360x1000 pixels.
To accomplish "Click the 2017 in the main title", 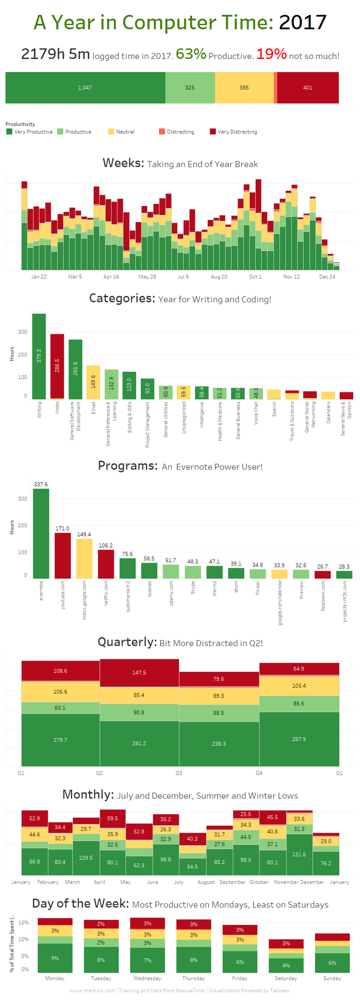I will [x=302, y=22].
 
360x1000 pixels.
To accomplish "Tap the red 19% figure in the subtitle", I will [x=271, y=54].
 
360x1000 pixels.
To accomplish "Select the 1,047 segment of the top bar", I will [x=85, y=88].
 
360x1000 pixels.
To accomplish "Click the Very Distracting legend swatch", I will [x=213, y=131].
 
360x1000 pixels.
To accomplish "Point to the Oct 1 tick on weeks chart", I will [x=255, y=277].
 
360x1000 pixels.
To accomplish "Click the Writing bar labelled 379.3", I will [x=39, y=356].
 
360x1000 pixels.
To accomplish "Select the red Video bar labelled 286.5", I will [x=57, y=366].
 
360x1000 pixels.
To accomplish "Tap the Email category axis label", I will [x=94, y=408].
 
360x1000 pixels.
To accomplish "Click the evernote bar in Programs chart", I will [x=41, y=533].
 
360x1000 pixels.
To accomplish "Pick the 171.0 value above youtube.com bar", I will [x=63, y=529].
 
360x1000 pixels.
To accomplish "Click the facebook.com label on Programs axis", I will [x=323, y=596].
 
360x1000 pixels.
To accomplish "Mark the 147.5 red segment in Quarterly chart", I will [x=139, y=673].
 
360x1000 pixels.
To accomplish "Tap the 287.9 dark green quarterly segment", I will [x=299, y=739].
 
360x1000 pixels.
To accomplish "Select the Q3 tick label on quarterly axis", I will [x=179, y=773].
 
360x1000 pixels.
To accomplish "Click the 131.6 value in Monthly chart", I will [x=299, y=854].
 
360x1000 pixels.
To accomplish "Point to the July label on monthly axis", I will [x=179, y=882].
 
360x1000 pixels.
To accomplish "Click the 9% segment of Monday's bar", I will [x=55, y=958].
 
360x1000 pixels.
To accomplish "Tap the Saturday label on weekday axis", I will [x=286, y=978].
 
